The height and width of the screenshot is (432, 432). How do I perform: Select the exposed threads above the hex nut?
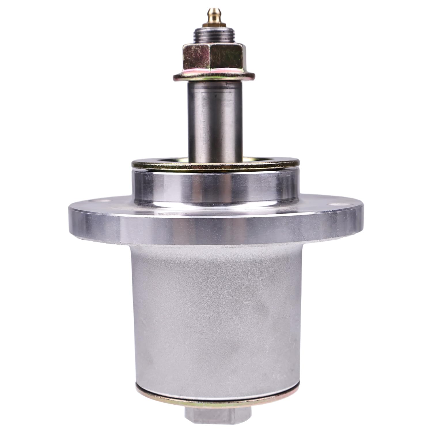213,36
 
